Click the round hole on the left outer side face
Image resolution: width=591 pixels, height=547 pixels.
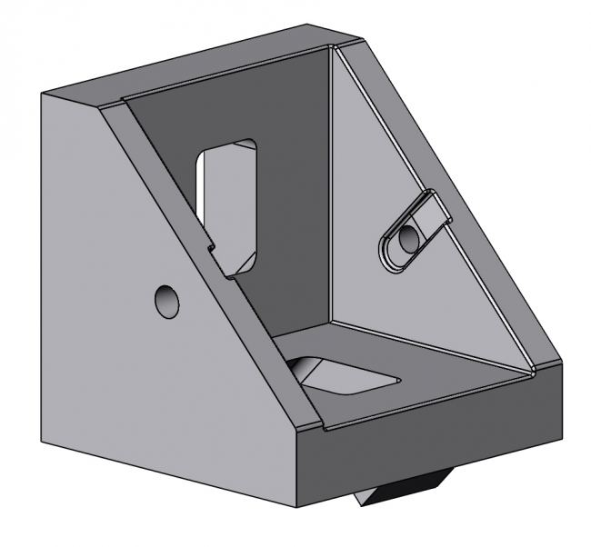(166, 301)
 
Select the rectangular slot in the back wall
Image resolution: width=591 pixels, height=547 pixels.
(229, 200)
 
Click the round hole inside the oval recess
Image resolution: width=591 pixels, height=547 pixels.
(408, 239)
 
